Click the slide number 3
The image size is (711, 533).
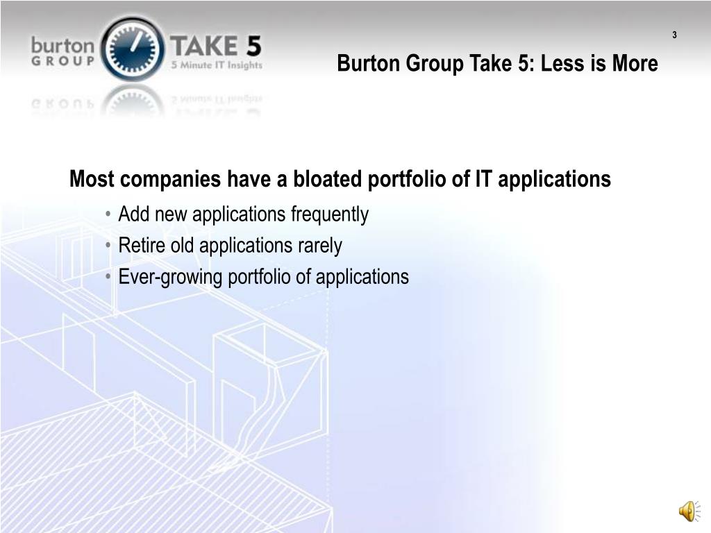(674, 35)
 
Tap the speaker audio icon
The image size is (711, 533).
(688, 512)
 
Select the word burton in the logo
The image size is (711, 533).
(62, 46)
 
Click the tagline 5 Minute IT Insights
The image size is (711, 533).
(217, 66)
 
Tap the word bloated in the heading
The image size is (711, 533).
(328, 180)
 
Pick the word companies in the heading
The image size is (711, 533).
(172, 180)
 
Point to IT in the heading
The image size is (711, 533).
(483, 180)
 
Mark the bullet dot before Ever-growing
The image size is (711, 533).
(109, 278)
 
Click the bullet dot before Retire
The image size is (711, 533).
(109, 246)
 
